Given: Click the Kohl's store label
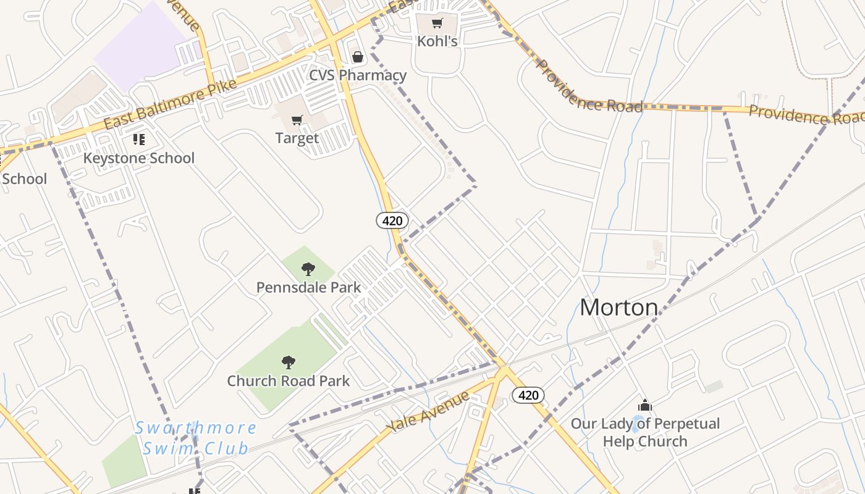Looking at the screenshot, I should (437, 41).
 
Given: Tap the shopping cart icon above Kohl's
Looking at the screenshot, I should (437, 23).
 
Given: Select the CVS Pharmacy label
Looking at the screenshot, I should (358, 75).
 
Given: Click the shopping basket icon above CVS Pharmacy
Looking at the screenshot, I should (357, 57).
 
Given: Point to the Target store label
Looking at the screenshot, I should (297, 138).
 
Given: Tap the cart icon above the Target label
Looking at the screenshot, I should (297, 120).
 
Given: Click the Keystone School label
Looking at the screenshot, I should (139, 158).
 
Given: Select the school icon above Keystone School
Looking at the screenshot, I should (139, 140).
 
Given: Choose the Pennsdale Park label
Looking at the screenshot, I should (308, 287).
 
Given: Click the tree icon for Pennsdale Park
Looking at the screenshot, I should (308, 269).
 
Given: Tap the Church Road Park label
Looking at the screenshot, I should (288, 381).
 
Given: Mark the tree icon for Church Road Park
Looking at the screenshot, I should (288, 362).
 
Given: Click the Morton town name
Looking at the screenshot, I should (618, 307).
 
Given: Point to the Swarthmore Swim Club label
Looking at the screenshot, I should (196, 438).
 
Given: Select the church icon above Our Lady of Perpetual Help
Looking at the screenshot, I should (645, 406).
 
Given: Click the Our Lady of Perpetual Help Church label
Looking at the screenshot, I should (645, 432).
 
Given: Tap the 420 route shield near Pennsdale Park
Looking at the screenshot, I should (392, 220).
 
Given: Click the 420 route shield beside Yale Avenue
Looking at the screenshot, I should (528, 395).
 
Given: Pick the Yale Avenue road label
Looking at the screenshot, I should (428, 412).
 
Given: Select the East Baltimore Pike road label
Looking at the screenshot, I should (170, 104).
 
